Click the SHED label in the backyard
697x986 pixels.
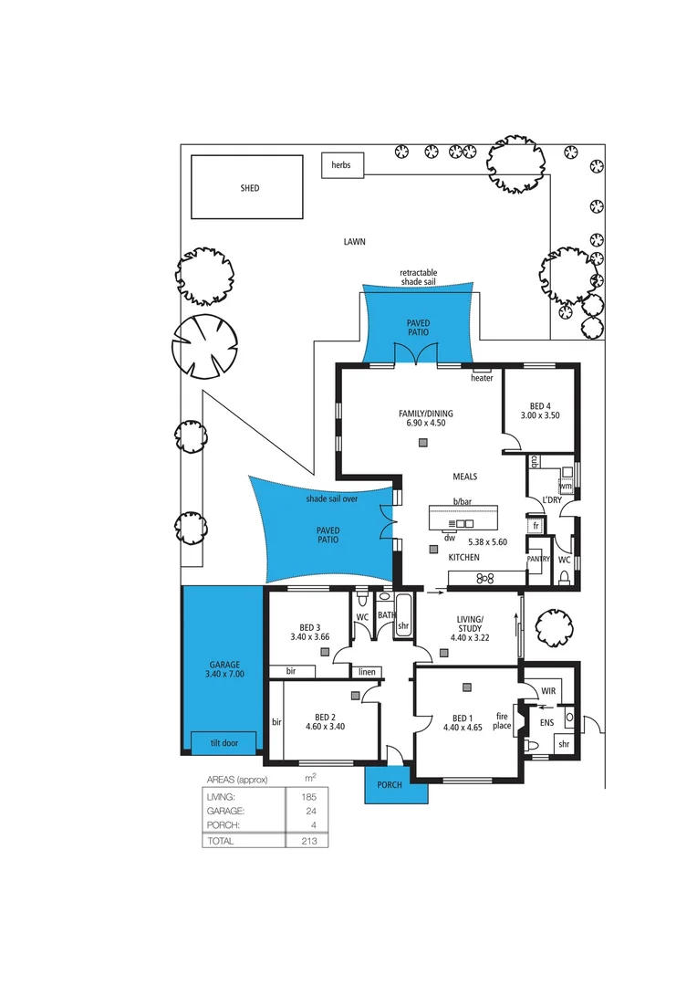click(249, 188)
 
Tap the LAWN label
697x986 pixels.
click(354, 242)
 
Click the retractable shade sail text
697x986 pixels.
click(418, 278)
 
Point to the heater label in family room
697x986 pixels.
click(481, 378)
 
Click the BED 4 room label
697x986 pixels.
click(539, 406)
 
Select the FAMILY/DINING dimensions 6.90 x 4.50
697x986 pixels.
click(425, 424)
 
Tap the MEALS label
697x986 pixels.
click(464, 477)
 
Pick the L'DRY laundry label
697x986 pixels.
click(551, 500)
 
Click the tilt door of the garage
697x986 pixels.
click(223, 743)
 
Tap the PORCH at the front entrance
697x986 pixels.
click(396, 785)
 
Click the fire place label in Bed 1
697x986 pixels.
click(502, 720)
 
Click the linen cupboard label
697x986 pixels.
click(367, 672)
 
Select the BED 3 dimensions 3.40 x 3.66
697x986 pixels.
click(310, 637)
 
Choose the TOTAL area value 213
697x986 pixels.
click(309, 841)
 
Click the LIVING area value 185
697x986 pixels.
click(309, 797)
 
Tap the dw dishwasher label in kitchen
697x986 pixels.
click(449, 538)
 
